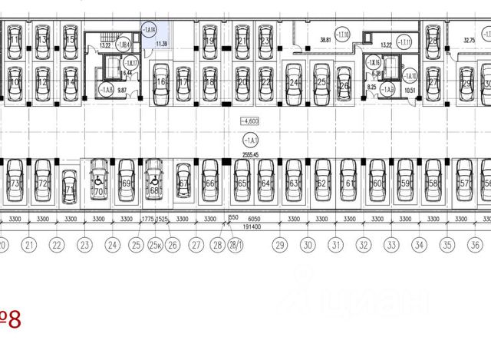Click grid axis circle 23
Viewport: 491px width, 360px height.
[85, 246]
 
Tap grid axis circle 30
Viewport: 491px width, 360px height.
[308, 246]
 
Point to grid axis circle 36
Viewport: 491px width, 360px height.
[476, 246]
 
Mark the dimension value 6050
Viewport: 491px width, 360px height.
[255, 219]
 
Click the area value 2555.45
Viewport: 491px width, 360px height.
[249, 154]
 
